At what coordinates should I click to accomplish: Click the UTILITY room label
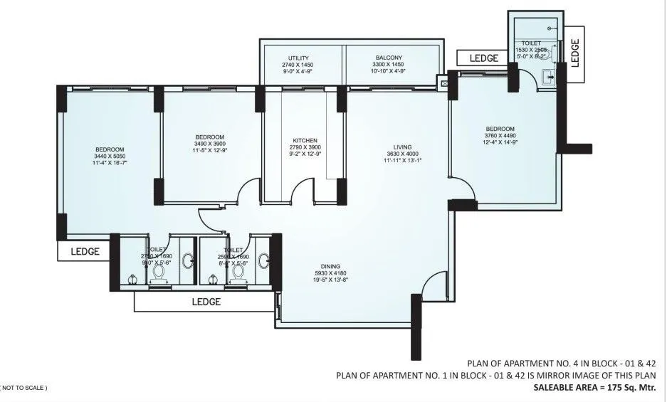point(298,58)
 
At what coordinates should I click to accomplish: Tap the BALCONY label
point(389,58)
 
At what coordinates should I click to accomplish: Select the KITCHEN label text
point(305,140)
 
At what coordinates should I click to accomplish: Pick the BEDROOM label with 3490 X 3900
point(210,137)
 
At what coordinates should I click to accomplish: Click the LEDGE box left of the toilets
point(84,251)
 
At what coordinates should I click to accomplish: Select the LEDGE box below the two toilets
point(206,302)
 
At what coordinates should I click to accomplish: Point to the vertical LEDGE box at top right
point(576,51)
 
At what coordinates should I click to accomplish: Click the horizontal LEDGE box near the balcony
point(484,58)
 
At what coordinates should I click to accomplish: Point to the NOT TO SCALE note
point(25,388)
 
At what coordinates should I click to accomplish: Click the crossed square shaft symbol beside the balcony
point(445,83)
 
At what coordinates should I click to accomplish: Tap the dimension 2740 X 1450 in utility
point(298,65)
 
